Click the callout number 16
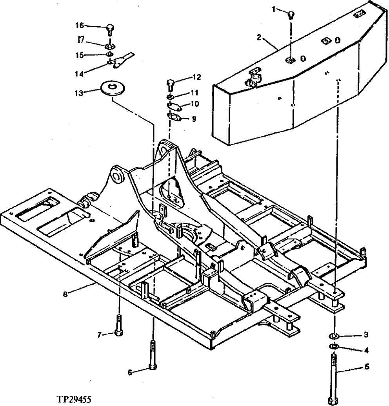click(x=79, y=26)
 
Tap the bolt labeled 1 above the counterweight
click(x=291, y=15)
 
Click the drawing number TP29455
click(x=74, y=400)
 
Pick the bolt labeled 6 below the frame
click(x=153, y=355)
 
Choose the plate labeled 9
click(x=174, y=117)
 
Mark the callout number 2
click(x=259, y=38)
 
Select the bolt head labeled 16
click(x=110, y=28)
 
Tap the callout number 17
click(x=80, y=40)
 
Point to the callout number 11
click(x=194, y=93)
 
